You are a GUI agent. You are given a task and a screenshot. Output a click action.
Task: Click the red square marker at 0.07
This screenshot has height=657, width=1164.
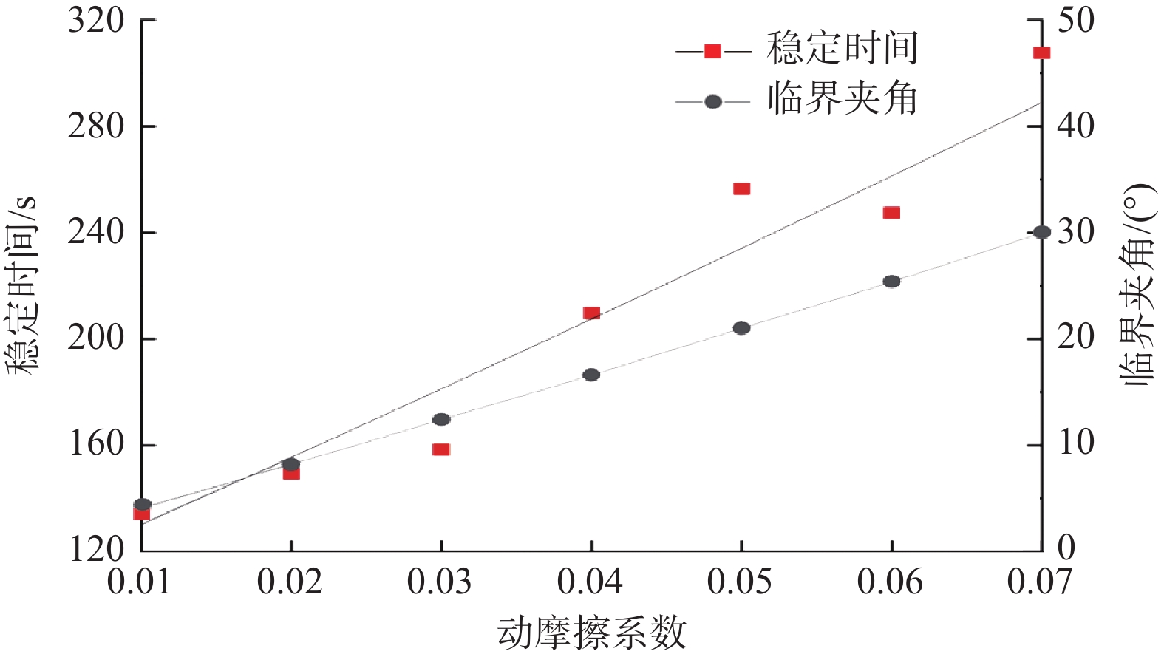(1041, 52)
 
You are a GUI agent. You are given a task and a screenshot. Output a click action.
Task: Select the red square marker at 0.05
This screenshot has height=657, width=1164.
(741, 188)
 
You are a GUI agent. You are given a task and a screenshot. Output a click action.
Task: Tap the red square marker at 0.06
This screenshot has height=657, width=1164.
(891, 213)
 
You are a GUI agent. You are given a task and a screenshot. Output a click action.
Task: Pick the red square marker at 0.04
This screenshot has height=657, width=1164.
(591, 313)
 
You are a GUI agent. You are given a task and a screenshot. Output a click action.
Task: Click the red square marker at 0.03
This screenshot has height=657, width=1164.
(441, 449)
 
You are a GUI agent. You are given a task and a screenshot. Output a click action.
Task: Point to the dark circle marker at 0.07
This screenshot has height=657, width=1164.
(1042, 232)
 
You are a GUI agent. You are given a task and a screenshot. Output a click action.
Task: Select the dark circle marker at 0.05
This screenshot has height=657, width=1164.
(741, 328)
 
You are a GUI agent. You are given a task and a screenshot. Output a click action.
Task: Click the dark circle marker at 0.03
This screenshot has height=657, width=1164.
(441, 420)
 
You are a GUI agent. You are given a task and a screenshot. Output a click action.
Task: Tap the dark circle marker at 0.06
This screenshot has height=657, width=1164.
(891, 282)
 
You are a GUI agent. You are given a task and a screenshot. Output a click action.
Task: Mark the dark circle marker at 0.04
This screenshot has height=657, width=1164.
(591, 375)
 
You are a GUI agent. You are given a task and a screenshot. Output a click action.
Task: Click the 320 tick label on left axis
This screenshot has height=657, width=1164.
(96, 21)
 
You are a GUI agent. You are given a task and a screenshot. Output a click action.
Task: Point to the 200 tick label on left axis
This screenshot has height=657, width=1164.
(96, 338)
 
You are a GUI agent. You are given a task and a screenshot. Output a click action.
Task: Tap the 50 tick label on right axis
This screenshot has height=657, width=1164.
(1075, 21)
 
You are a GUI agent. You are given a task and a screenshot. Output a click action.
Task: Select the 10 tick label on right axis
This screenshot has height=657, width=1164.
(1075, 443)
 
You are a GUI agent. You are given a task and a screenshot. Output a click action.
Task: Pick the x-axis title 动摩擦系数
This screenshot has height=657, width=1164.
(591, 633)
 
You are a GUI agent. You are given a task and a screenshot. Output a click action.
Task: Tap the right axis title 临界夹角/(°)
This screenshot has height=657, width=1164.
(1138, 285)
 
